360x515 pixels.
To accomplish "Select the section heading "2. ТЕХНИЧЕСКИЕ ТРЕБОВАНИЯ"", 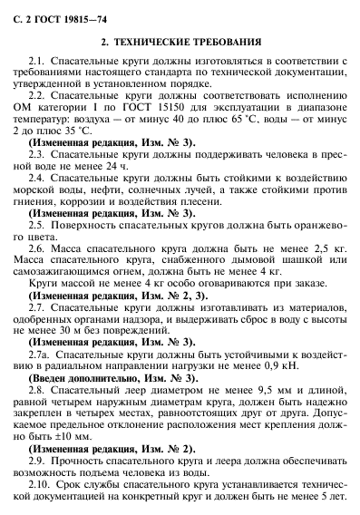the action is coord(180,42).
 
